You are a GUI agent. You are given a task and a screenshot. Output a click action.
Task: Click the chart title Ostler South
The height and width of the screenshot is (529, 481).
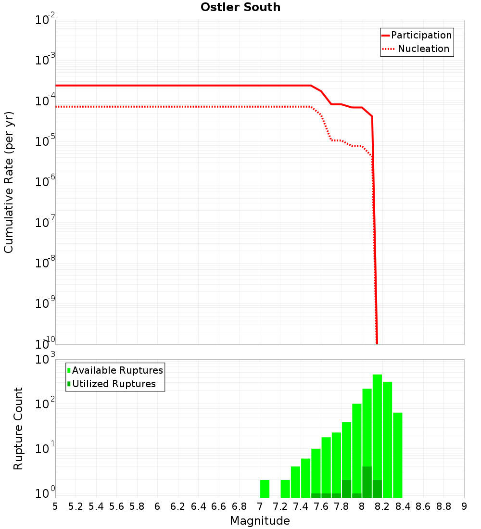[240, 8]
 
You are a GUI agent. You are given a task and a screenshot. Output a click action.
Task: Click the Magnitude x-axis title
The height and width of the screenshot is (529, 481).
[260, 521]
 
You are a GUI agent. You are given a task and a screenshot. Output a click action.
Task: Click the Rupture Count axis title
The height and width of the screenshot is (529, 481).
[18, 428]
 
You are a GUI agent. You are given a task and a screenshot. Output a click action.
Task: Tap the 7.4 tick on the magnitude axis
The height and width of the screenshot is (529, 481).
[301, 506]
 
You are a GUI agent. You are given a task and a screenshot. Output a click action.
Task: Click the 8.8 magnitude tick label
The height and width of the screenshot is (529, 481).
[443, 506]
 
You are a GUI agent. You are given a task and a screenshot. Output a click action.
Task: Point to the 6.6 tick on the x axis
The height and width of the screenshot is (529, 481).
[219, 506]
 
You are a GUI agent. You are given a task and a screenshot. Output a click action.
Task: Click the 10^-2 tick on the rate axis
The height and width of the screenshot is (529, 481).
[45, 21]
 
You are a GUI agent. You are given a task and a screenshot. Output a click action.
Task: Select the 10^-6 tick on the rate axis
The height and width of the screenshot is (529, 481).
[45, 182]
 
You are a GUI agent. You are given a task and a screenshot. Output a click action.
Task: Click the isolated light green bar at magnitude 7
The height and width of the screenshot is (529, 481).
[265, 489]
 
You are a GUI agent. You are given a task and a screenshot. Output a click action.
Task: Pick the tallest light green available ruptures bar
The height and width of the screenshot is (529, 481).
[377, 433]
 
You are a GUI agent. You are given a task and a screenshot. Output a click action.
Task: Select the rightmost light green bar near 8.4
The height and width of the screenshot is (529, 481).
[397, 454]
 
